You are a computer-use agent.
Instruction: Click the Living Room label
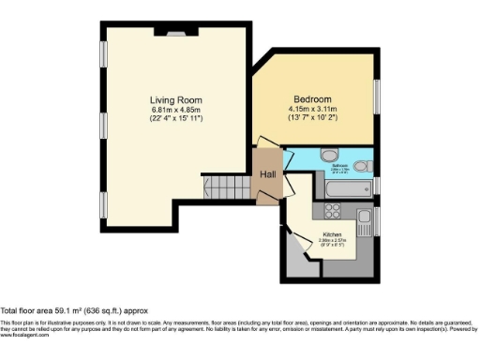coord(175,99)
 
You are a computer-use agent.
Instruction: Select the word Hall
coord(267,174)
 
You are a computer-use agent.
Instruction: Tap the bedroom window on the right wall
coord(377,101)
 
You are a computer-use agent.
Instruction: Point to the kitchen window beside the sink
coord(376,222)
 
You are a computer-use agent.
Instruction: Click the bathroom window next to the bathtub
coord(376,185)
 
